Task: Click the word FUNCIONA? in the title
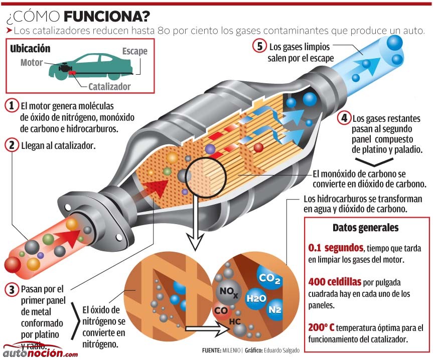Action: tap(107, 17)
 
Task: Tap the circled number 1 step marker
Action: tap(12, 106)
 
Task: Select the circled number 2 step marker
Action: tap(12, 145)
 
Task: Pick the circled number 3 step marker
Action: tap(12, 290)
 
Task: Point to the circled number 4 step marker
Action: tap(344, 118)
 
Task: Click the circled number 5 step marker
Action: tap(259, 46)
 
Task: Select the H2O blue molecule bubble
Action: tap(256, 298)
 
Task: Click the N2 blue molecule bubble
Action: tap(275, 309)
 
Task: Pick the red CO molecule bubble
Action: tap(221, 311)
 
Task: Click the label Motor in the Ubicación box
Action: tap(32, 63)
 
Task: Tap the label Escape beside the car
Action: tap(135, 51)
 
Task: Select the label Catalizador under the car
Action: tap(109, 87)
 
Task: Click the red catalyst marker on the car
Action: tap(72, 73)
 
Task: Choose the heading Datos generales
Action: tap(365, 228)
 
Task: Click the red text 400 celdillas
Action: tap(335, 282)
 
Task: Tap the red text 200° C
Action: tap(321, 327)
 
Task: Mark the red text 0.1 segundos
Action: tap(336, 248)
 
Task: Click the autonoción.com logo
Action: tap(40, 351)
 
